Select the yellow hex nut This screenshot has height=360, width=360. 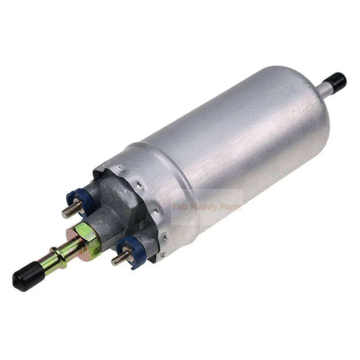pyautogui.click(x=86, y=234)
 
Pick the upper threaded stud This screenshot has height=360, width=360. pyautogui.click(x=72, y=209)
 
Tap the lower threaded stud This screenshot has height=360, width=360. pyautogui.click(x=121, y=258)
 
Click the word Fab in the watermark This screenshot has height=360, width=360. pyautogui.click(x=180, y=207)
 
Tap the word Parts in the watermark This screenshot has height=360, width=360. pyautogui.click(x=231, y=207)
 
